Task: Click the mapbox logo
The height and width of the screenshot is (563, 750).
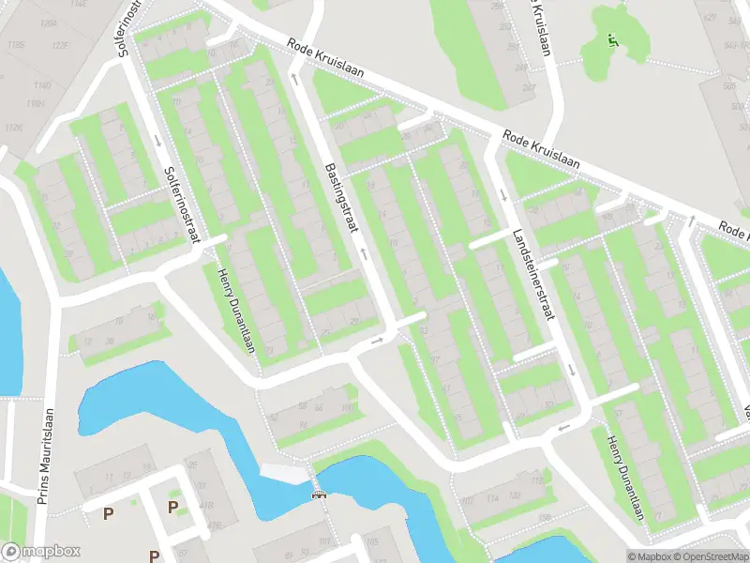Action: click(x=40, y=552)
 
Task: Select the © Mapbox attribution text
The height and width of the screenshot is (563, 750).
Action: click(x=648, y=555)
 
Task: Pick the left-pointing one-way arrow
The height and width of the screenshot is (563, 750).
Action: click(x=563, y=429)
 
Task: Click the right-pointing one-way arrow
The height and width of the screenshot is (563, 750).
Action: click(x=378, y=340)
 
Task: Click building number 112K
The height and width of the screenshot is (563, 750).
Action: click(x=13, y=128)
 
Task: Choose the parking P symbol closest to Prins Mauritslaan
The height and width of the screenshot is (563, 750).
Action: click(x=108, y=513)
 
